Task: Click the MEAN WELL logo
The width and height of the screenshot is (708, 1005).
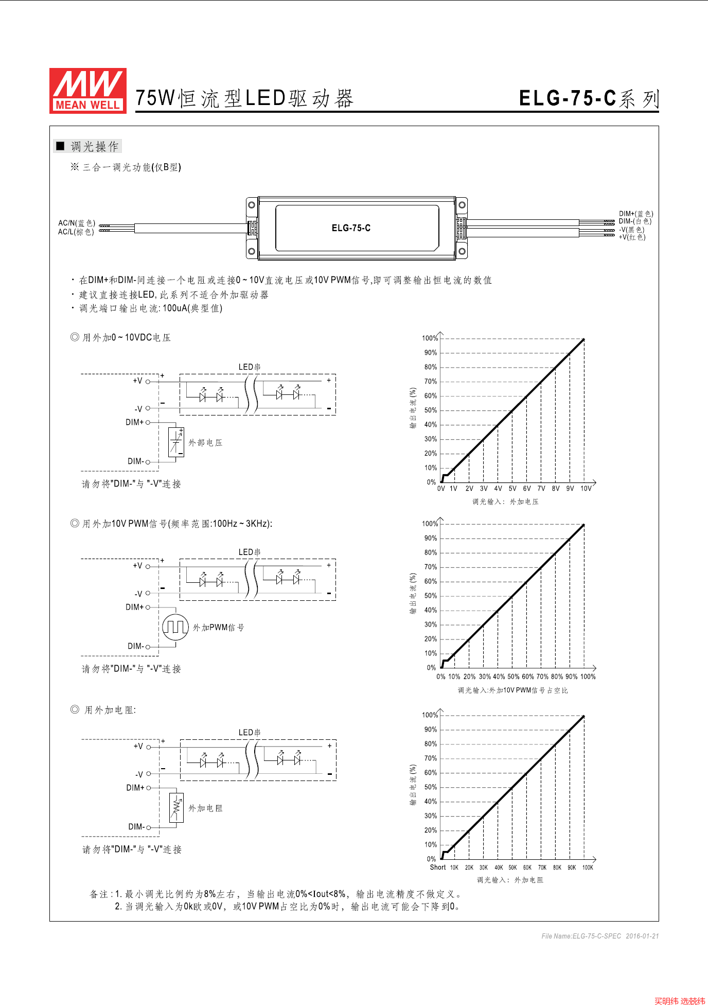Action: click(x=87, y=91)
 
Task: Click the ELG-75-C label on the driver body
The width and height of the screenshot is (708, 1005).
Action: click(x=351, y=228)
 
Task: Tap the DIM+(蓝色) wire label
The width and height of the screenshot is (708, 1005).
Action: click(x=636, y=214)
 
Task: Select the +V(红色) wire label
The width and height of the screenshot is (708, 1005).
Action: click(x=632, y=237)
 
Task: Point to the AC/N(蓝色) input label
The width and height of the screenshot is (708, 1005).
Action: click(x=77, y=223)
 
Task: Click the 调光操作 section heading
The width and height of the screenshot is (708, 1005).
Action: click(x=94, y=147)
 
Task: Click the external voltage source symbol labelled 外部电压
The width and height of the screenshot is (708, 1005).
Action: click(x=176, y=442)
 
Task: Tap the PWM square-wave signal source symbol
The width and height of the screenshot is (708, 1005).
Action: click(x=175, y=627)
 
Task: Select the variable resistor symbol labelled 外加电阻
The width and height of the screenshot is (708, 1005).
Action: click(x=176, y=808)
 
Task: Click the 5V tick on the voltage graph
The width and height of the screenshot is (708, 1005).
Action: click(x=512, y=489)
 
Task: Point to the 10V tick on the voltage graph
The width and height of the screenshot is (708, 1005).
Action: click(x=586, y=489)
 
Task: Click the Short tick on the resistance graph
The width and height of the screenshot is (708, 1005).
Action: click(x=438, y=868)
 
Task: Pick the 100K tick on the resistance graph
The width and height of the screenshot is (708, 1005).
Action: click(x=588, y=868)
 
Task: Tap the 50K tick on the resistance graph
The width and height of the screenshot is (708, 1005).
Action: click(x=512, y=868)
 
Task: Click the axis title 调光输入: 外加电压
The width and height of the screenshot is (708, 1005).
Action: click(x=505, y=501)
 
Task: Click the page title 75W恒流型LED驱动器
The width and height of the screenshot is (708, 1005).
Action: click(x=244, y=98)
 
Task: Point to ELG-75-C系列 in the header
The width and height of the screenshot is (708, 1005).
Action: click(x=589, y=98)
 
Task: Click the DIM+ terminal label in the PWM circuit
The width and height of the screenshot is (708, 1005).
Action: click(x=134, y=607)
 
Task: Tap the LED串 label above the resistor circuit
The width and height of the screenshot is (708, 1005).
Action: click(x=250, y=732)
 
